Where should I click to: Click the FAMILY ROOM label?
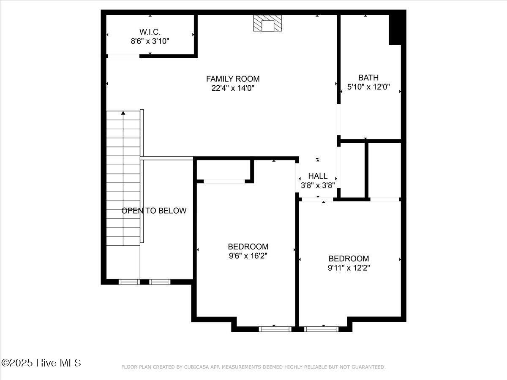tap(233, 79)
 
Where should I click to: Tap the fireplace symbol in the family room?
tap(267, 24)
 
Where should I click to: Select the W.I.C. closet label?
tap(150, 32)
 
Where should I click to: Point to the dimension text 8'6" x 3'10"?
tap(150, 41)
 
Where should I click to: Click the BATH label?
tap(368, 78)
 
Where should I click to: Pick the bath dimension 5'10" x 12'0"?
tap(368, 87)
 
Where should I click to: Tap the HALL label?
tap(318, 176)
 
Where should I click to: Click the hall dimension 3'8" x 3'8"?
tap(318, 185)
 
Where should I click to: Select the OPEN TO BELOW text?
tap(154, 211)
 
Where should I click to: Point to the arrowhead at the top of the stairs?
tap(123, 113)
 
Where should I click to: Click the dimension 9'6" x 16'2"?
tap(248, 256)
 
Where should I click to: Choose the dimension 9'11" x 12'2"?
tap(349, 268)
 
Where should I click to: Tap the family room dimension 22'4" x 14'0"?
tap(233, 88)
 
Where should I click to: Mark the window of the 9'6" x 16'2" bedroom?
tap(275, 328)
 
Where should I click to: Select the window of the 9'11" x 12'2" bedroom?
tap(322, 328)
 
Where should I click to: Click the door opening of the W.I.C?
tap(123, 56)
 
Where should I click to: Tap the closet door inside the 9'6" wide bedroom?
tap(224, 182)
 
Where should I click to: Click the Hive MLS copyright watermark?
tap(41, 363)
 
